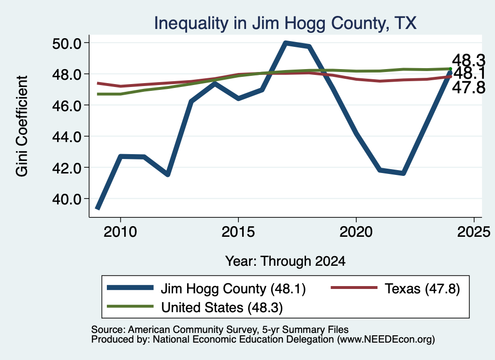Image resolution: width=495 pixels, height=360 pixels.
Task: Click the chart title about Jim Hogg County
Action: coord(285,23)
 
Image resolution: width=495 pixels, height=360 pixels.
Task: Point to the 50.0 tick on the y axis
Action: coord(67,43)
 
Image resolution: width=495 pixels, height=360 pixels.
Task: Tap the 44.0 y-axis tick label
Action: coord(67,137)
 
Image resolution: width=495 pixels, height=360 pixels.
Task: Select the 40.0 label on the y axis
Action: coord(67,200)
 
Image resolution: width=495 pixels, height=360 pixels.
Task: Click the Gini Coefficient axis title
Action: coord(22,126)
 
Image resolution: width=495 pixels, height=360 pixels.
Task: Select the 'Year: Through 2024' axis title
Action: coord(285,261)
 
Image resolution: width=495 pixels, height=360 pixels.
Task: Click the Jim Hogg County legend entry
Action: coord(206,288)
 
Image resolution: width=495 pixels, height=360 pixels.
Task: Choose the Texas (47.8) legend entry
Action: coord(395,288)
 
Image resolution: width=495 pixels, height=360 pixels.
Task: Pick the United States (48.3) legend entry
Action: coord(195,307)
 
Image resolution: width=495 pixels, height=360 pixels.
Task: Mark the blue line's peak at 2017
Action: coord(285,43)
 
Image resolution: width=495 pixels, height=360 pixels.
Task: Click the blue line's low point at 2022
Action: coord(403,173)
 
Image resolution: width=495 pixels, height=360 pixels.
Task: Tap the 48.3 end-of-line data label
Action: coord(468,60)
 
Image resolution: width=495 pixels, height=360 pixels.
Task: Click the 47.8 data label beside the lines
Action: coord(468,87)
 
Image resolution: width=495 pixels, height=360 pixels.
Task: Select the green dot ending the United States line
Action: coord(451,69)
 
